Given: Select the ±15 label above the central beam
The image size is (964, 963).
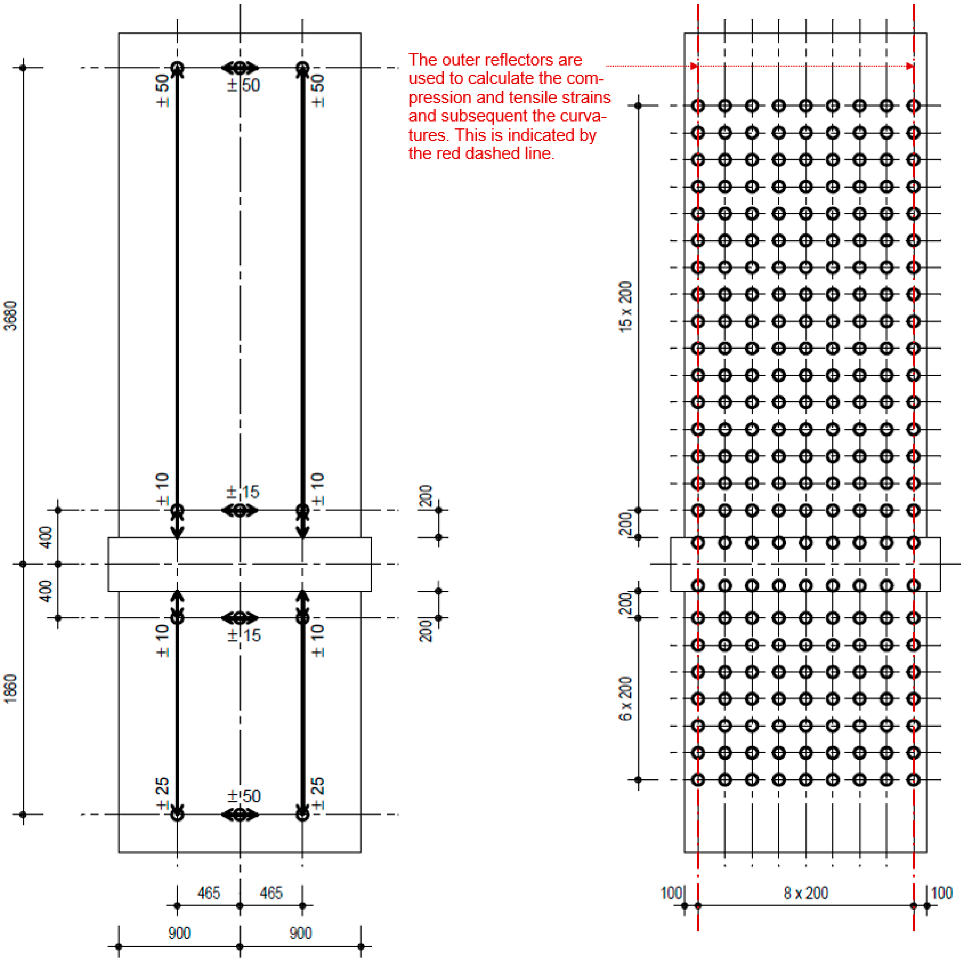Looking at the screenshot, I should click(243, 492).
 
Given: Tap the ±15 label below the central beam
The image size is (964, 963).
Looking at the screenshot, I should click(244, 635).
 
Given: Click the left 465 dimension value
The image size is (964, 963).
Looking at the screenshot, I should click(209, 893).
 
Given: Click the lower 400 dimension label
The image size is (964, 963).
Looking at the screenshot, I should click(46, 591).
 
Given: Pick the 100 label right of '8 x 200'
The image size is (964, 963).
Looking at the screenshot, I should click(942, 893).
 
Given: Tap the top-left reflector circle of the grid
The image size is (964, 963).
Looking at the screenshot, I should click(698, 106).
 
